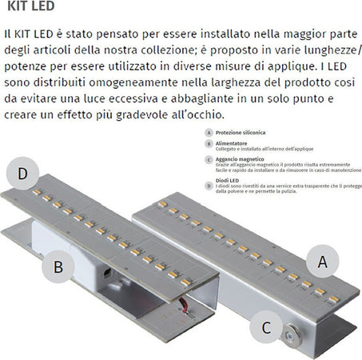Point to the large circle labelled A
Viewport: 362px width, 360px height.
[x=322, y=260]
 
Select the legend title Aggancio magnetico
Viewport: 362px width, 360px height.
[x=239, y=159]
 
